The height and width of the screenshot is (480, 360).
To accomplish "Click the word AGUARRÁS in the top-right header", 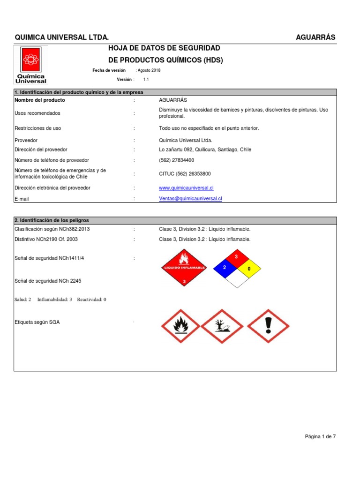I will pyautogui.click(x=315, y=37).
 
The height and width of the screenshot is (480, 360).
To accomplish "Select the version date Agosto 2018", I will pyautogui.click(x=149, y=70).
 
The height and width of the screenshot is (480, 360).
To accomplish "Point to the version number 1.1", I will pyautogui.click(x=146, y=80).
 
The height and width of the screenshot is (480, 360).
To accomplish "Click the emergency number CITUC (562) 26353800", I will pyautogui.click(x=185, y=174).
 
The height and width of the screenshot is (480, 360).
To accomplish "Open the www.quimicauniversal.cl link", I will pyautogui.click(x=187, y=188).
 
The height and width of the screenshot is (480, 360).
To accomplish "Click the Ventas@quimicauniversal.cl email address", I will pyautogui.click(x=190, y=199).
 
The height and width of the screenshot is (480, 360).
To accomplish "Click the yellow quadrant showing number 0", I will pyautogui.click(x=249, y=269).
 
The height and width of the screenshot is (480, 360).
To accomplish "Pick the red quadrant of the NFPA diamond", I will pyautogui.click(x=237, y=257).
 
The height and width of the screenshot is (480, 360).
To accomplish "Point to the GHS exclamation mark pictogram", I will pyautogui.click(x=268, y=325).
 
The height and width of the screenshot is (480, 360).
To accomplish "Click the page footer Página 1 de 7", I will pyautogui.click(x=320, y=436).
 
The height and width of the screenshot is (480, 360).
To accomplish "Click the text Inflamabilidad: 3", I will pyautogui.click(x=54, y=299).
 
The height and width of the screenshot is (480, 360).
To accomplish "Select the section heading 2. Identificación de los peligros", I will pyautogui.click(x=52, y=220).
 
